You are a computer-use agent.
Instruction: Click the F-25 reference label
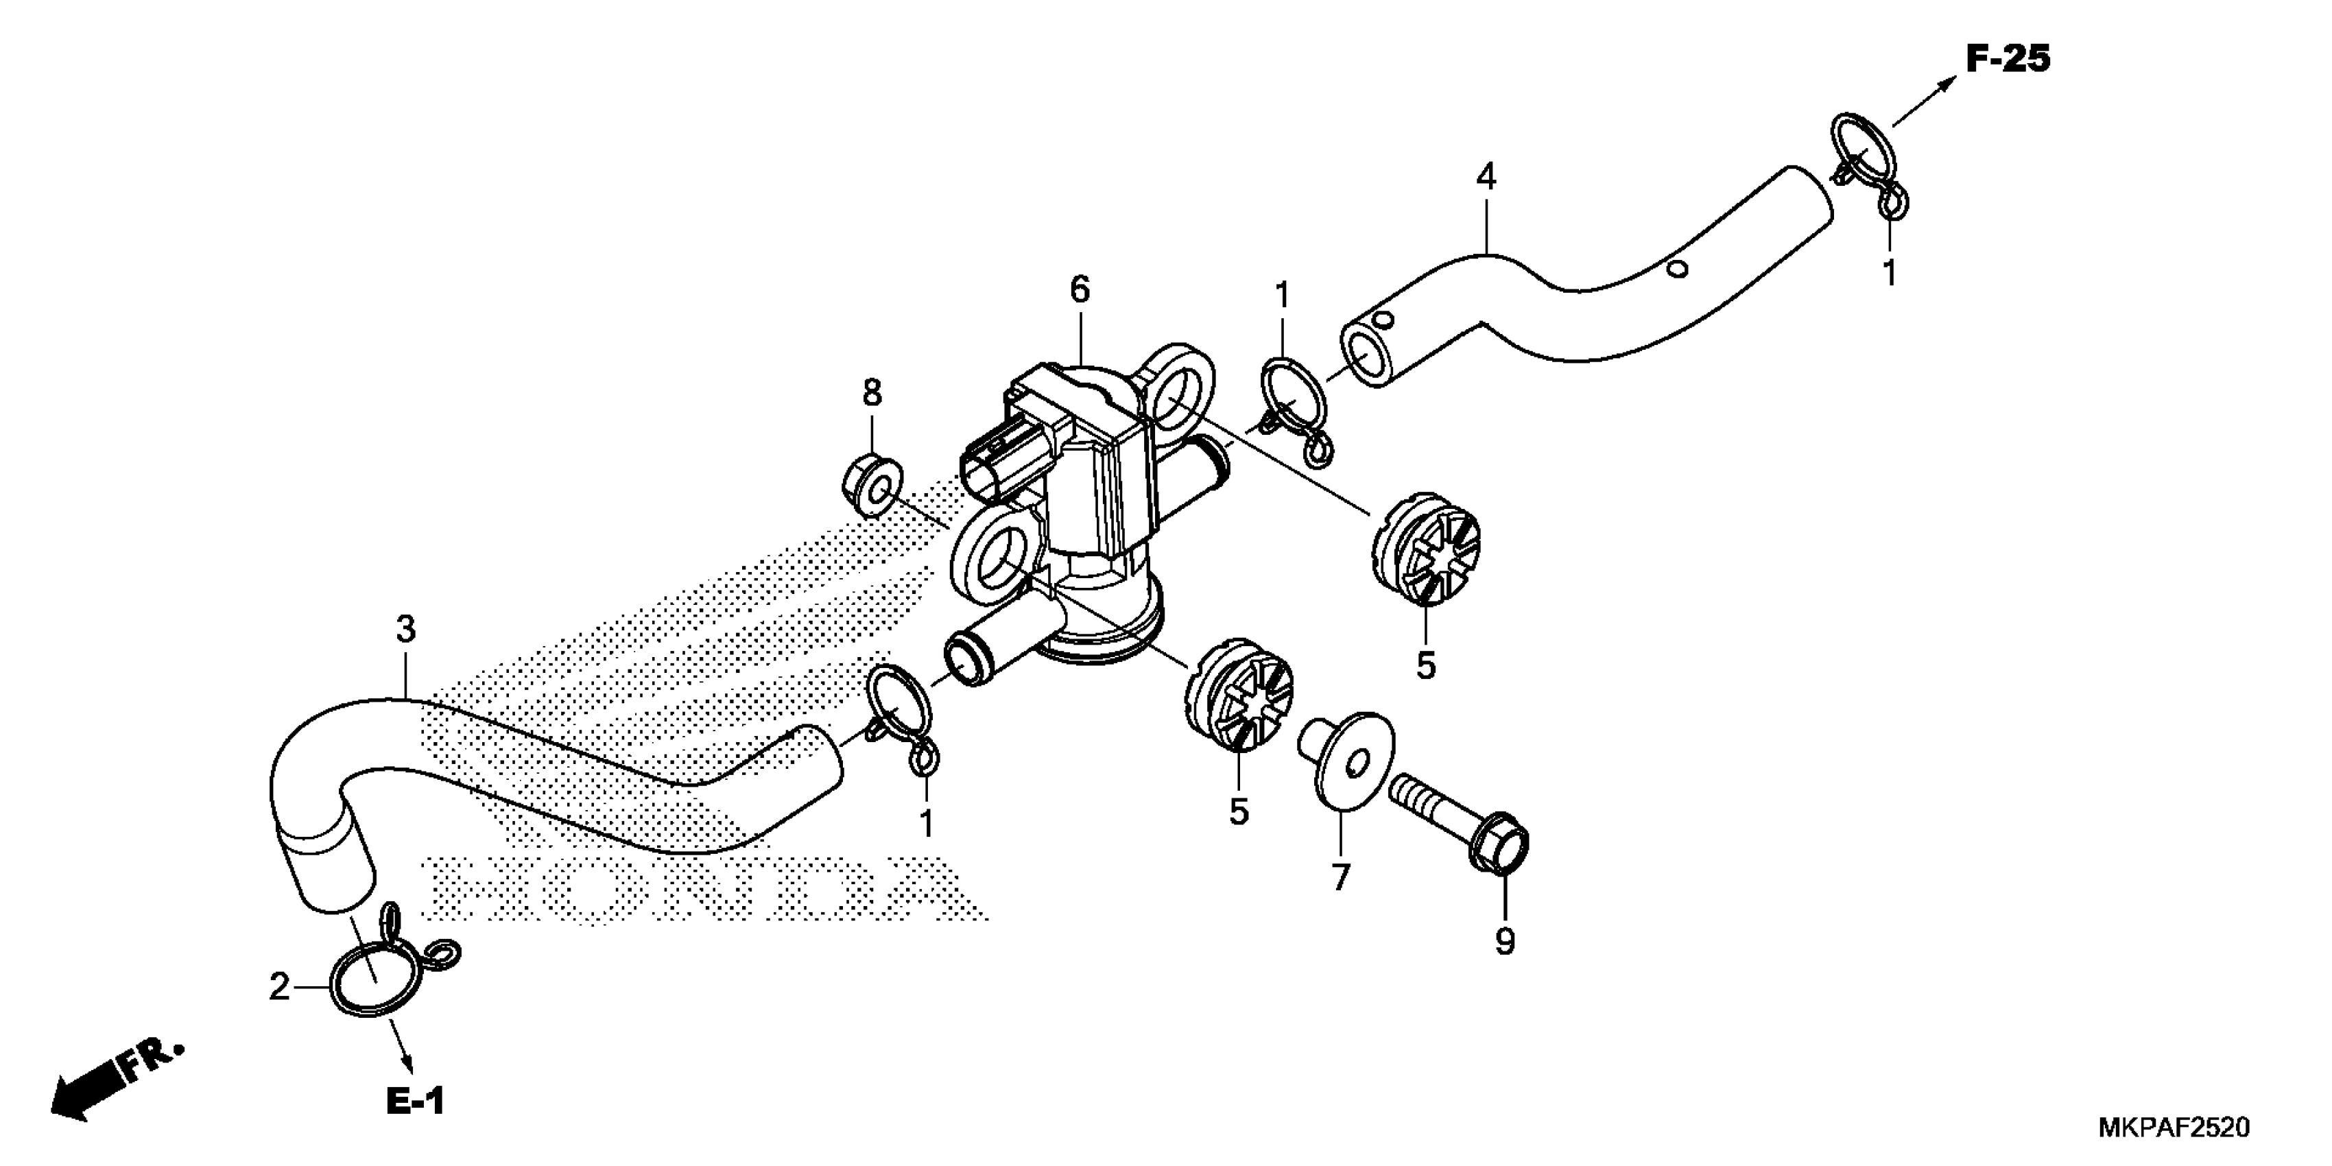[x=2008, y=60]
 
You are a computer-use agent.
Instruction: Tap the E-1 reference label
[x=415, y=1101]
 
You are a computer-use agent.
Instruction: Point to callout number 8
[x=871, y=393]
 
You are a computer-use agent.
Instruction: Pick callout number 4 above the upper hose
[x=1486, y=176]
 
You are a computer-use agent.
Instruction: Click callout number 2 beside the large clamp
[x=279, y=987]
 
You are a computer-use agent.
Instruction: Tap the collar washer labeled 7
[x=1349, y=759]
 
